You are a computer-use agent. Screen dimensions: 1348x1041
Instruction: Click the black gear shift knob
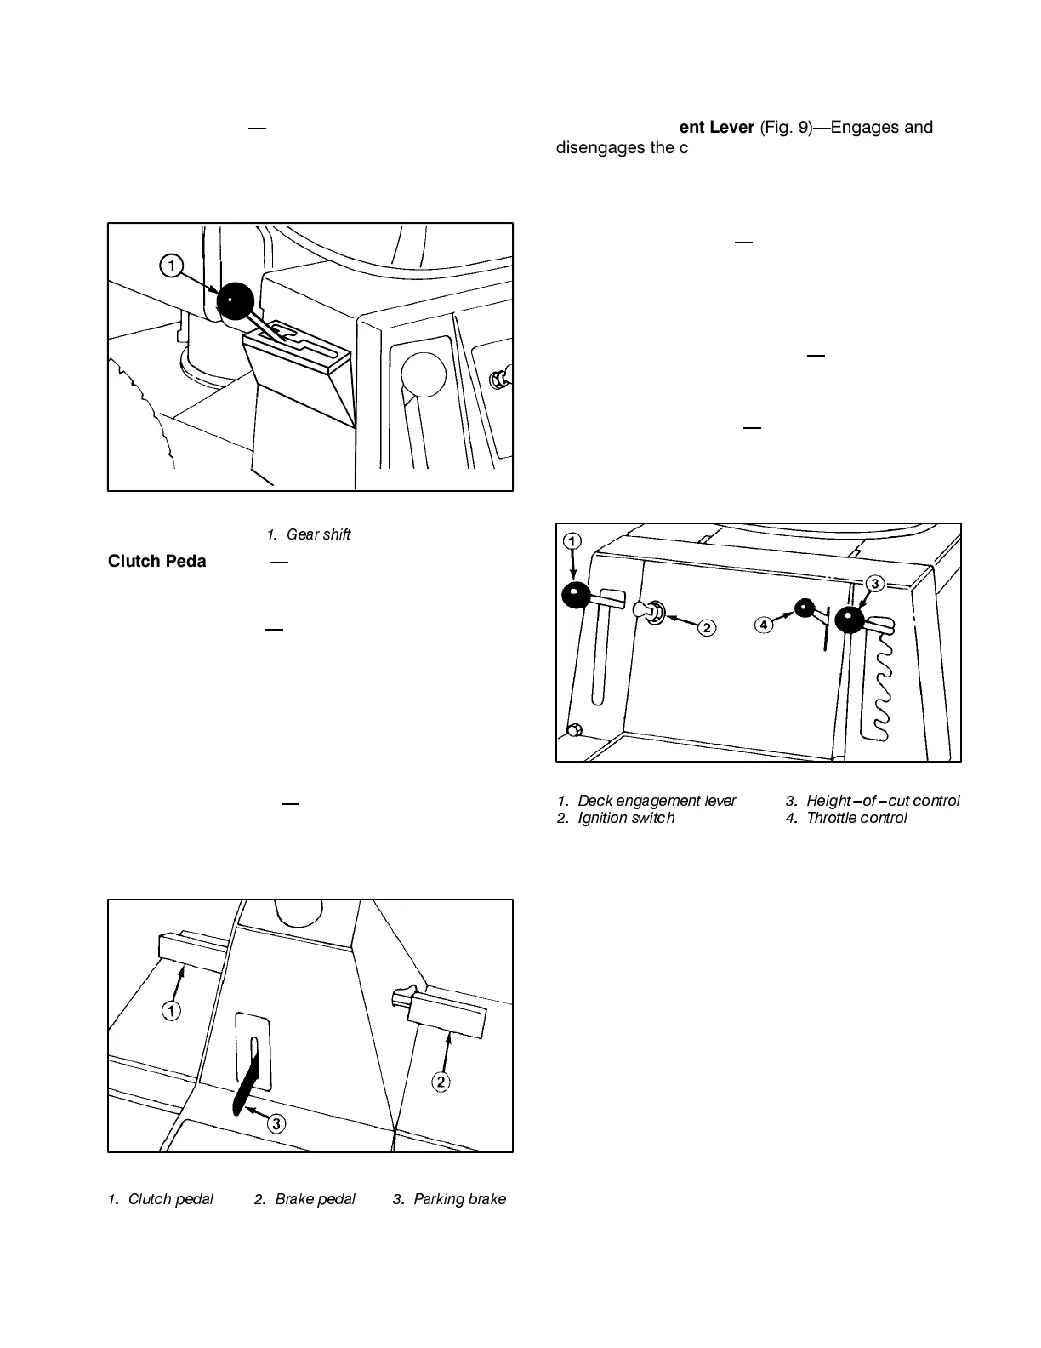236,300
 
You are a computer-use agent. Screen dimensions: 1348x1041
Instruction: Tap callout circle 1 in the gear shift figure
172,266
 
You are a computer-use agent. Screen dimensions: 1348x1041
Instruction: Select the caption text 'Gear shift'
318,534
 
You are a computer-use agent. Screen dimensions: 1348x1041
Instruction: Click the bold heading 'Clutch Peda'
157,562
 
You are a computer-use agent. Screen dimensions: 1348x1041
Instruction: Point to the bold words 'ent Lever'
716,127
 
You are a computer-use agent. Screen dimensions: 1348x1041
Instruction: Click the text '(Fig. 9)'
785,127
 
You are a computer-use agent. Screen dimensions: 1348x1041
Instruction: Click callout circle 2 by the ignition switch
707,628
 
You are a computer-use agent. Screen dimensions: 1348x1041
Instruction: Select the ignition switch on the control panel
653,610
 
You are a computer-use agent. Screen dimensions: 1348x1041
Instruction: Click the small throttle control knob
804,608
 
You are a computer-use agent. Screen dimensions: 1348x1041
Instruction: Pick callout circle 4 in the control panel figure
764,625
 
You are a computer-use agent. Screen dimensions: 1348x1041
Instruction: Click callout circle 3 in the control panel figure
875,584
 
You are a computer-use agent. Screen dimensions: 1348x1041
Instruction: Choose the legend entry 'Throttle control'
856,818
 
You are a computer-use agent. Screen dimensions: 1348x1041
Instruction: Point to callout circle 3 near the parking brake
276,1123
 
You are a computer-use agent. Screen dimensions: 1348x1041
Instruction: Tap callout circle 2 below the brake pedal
441,1082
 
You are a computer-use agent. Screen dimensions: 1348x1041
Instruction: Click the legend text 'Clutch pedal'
170,1199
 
